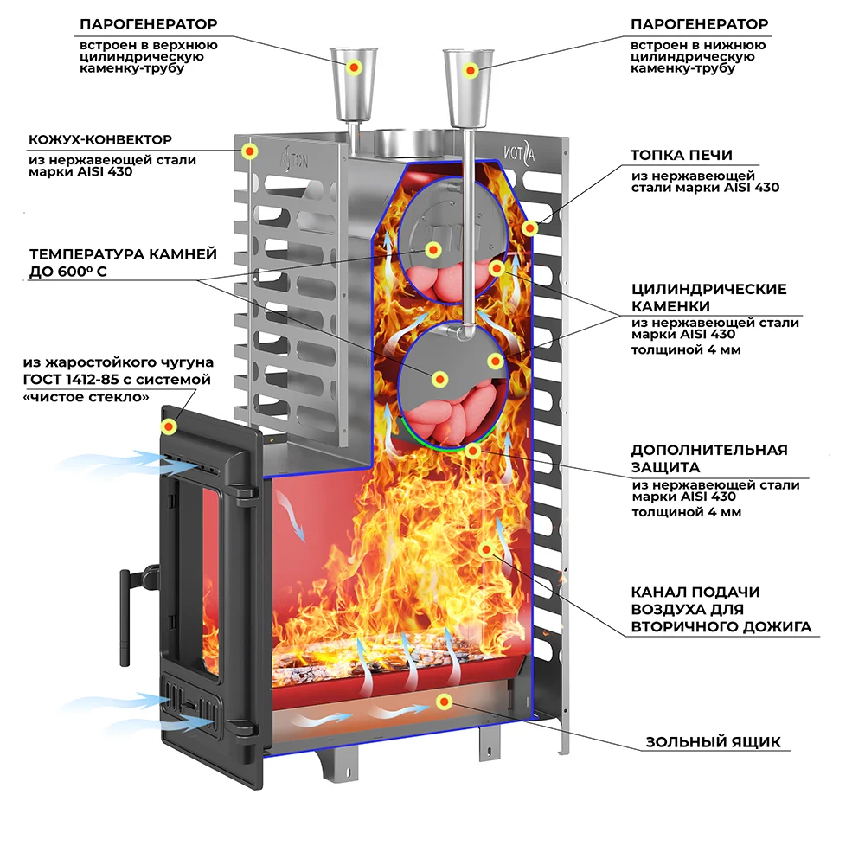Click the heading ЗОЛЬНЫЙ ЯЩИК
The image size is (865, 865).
point(713,742)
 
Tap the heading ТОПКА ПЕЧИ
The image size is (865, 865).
point(682,155)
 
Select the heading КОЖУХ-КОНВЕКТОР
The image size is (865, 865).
point(100,139)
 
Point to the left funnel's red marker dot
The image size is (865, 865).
point(353,67)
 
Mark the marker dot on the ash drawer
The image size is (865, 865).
point(445,701)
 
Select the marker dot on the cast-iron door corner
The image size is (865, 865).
point(170,427)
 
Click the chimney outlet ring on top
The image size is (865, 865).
point(407,139)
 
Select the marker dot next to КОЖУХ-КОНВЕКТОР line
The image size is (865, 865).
point(249,152)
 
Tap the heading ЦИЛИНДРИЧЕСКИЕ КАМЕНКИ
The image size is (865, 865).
point(708,298)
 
